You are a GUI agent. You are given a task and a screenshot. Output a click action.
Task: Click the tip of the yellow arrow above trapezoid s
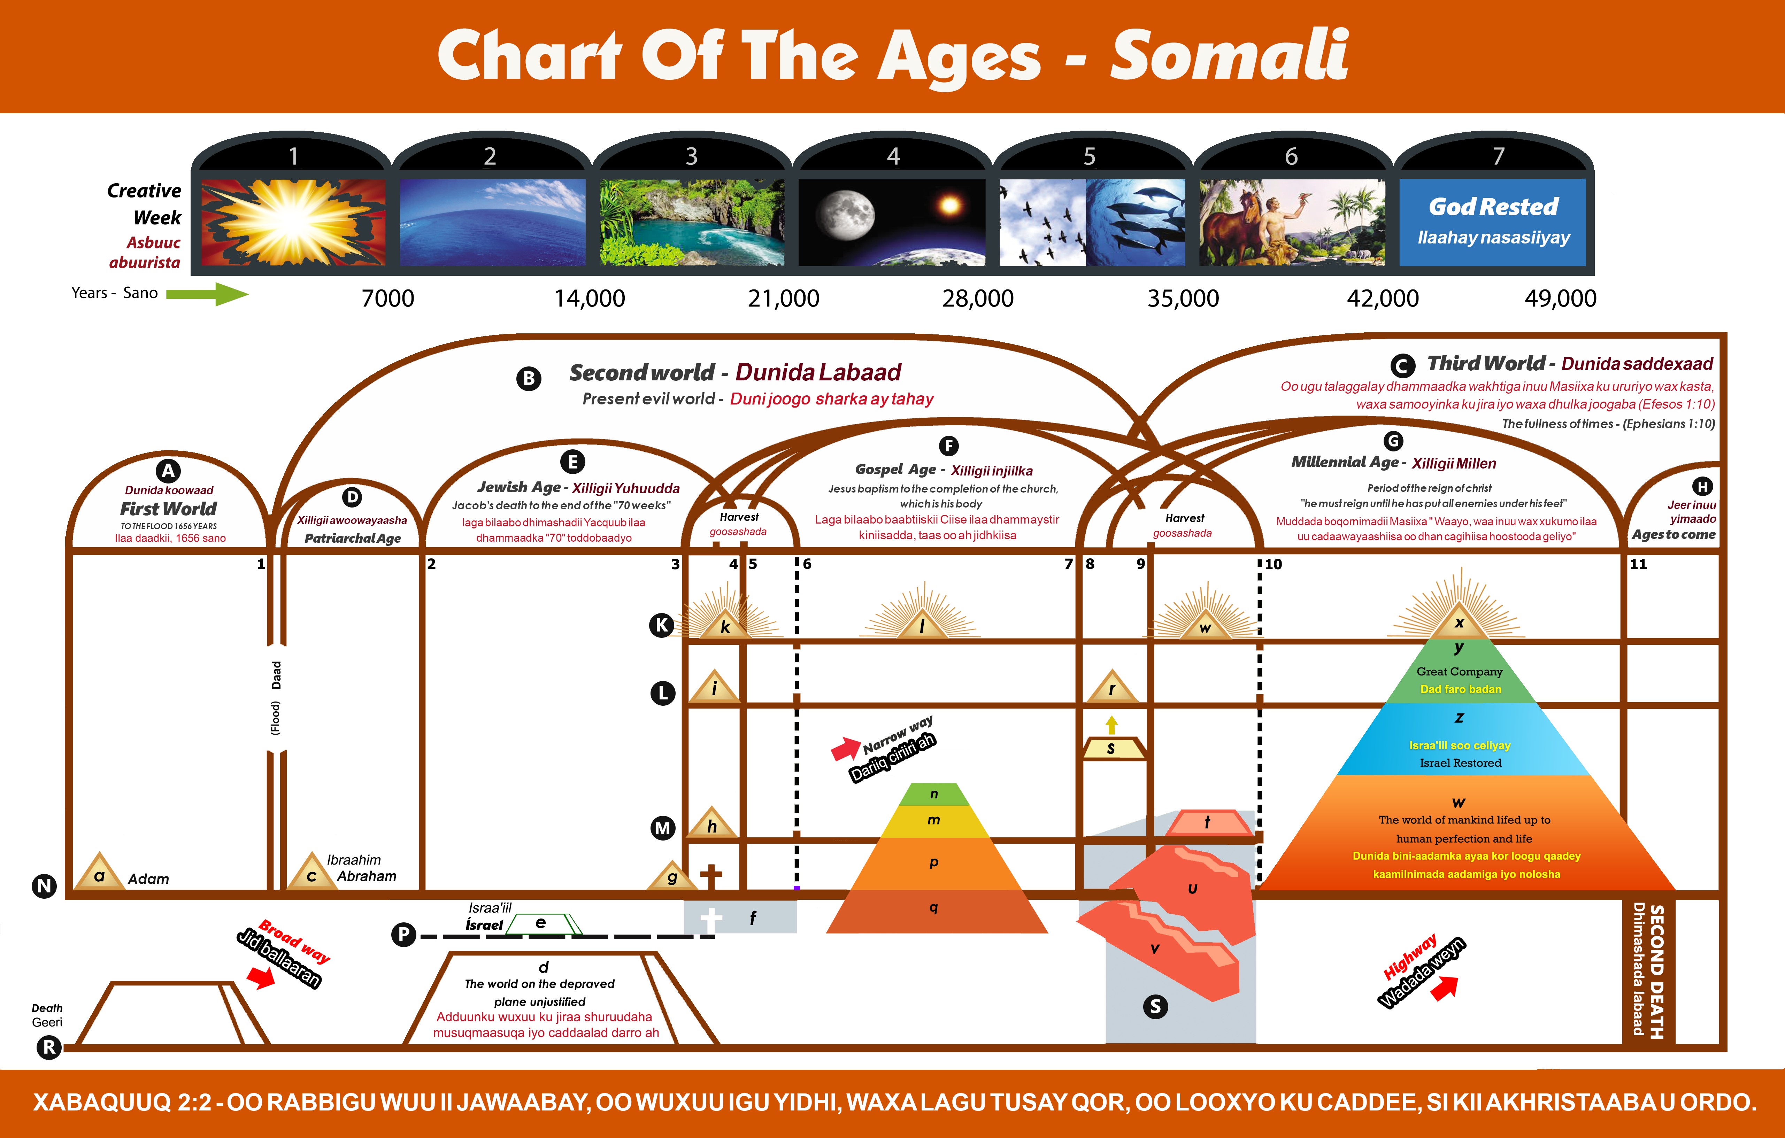[x=1111, y=717]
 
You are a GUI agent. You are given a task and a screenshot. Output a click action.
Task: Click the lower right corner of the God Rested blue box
[x=1586, y=265]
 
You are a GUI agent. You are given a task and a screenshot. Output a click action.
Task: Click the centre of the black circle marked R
[x=49, y=1047]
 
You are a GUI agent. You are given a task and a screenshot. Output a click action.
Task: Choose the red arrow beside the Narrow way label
[x=845, y=748]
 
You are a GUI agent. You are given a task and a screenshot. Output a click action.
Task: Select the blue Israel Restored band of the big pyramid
[x=1460, y=739]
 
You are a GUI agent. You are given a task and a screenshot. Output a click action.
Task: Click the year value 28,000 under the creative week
[x=978, y=299]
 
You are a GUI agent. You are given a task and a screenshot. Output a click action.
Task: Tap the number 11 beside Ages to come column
[x=1638, y=564]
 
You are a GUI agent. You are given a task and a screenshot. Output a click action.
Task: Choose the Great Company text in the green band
[x=1460, y=671]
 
